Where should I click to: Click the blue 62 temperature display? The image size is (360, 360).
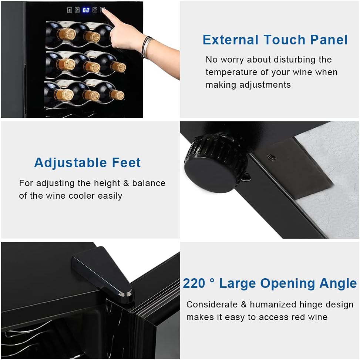coord(85,10)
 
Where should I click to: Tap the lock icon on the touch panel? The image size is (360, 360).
coord(69,10)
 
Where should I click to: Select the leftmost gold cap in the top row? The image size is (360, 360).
coord(67,34)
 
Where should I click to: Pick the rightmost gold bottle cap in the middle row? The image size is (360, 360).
coord(118,67)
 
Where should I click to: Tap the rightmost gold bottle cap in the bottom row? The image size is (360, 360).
coord(117,95)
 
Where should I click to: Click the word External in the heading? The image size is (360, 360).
coord(231,40)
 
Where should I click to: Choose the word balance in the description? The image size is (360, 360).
coord(149,183)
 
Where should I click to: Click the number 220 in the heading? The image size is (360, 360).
coord(194,283)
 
